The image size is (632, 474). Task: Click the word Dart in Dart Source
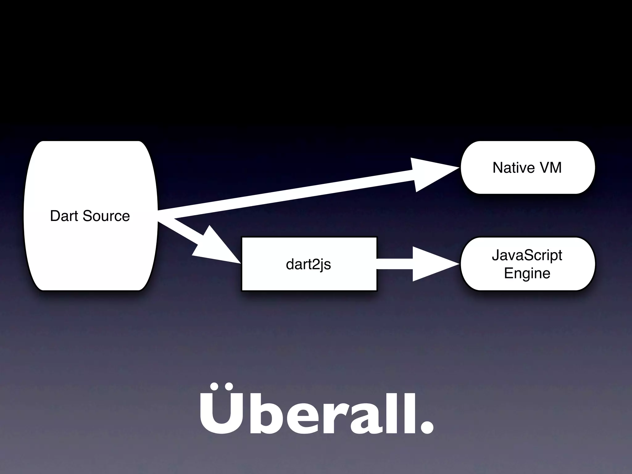coord(64,216)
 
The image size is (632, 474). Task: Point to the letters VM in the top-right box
coord(551,168)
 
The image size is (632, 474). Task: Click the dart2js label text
coord(308,264)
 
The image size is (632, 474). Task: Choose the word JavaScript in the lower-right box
coord(527,255)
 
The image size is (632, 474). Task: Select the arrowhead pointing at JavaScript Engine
coord(432,264)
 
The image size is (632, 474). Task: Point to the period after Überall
coord(426,427)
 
